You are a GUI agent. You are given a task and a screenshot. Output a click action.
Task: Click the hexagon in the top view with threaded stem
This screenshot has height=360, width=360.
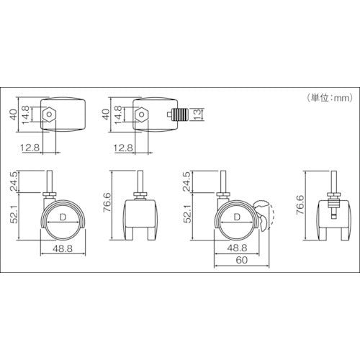141,114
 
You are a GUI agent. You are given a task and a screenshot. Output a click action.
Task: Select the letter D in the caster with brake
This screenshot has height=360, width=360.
238,217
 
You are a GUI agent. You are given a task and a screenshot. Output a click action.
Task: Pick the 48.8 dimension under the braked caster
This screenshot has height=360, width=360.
238,246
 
